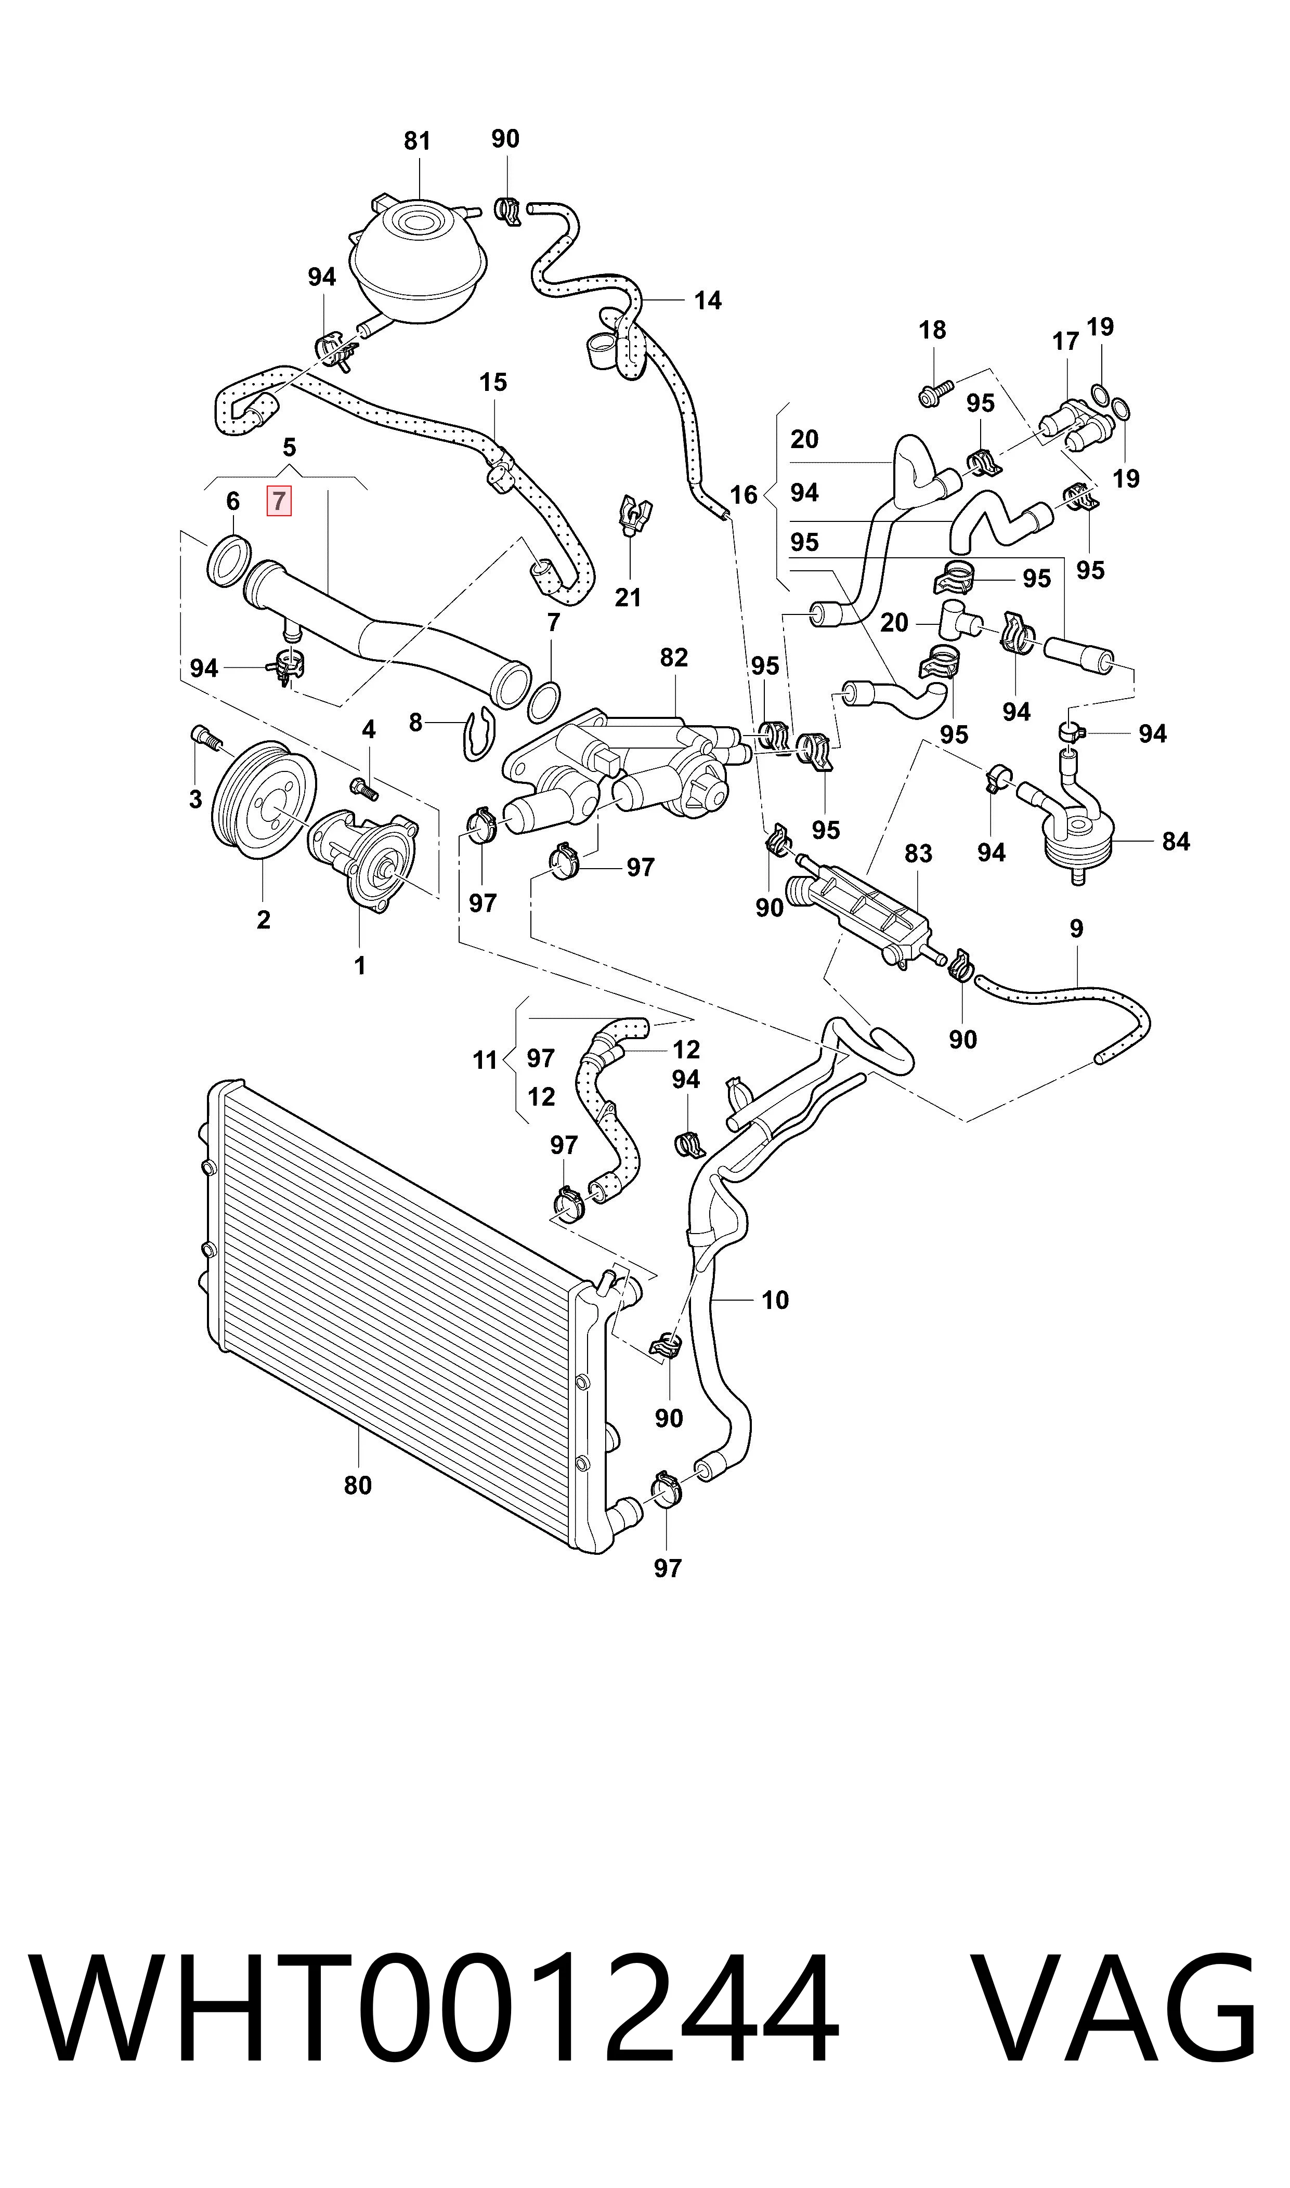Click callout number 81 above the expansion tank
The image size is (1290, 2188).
[417, 141]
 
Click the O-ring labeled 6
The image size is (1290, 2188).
[229, 561]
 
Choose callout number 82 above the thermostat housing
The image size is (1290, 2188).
[674, 658]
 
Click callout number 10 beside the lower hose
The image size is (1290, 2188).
[775, 1301]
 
